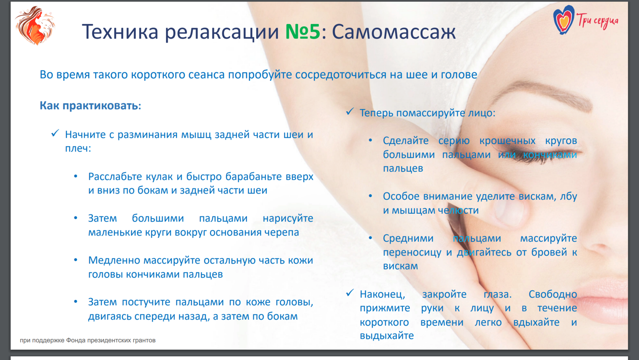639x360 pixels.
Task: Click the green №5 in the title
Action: tap(303, 31)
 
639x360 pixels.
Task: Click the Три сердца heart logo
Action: tap(563, 20)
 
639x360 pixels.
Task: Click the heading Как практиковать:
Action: tap(91, 106)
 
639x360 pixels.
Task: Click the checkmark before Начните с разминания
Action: tap(55, 133)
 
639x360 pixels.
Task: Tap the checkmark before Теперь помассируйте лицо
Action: tap(350, 111)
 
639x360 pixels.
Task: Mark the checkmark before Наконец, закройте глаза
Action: tap(350, 293)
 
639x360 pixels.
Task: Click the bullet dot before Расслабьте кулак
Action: tap(76, 176)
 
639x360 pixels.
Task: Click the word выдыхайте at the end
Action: tap(386, 335)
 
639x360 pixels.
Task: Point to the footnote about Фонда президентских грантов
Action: tap(87, 340)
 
